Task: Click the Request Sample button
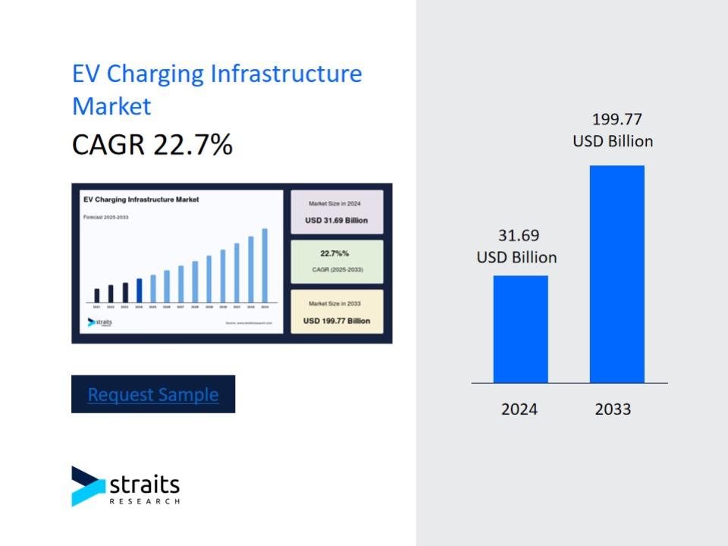tap(153, 394)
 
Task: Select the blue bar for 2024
tap(520, 329)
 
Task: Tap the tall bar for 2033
tap(617, 274)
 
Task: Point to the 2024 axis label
tap(519, 409)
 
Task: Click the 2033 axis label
tap(613, 409)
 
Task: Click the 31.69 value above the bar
tap(519, 236)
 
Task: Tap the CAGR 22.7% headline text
tap(152, 144)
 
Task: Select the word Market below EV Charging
tap(111, 106)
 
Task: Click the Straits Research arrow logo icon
tap(88, 486)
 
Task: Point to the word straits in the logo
tap(144, 484)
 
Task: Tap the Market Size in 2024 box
tap(337, 212)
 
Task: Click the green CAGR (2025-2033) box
tap(337, 262)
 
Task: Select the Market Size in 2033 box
tap(337, 312)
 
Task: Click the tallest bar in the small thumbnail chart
tap(265, 265)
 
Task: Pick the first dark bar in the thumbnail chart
tap(96, 295)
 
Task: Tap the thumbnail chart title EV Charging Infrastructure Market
tap(141, 199)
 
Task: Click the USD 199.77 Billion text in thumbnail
tap(337, 321)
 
